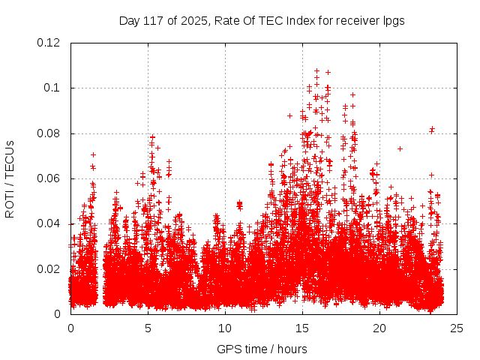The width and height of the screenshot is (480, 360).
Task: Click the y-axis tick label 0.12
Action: (49, 43)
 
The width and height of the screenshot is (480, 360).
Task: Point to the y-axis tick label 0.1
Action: (52, 88)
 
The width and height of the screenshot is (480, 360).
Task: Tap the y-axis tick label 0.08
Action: (49, 133)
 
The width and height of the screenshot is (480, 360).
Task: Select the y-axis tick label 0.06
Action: (49, 178)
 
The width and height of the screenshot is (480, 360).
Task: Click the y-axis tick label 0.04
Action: (49, 223)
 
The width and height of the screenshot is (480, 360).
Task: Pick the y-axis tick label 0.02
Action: (49, 269)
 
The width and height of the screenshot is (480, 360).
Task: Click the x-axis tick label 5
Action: (148, 328)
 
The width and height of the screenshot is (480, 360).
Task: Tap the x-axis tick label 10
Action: (226, 328)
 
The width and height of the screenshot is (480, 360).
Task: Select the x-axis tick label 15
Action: (303, 328)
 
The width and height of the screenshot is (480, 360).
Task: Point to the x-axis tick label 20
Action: (380, 328)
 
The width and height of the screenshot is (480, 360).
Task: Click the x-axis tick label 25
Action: (457, 328)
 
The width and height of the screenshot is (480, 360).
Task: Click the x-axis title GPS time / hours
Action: (262, 349)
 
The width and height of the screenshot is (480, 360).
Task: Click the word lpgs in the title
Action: (393, 20)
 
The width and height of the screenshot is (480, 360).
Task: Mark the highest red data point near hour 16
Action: (316, 71)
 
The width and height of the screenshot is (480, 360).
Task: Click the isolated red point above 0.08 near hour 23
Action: (432, 129)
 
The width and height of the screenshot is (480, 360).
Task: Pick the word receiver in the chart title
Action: (355, 20)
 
